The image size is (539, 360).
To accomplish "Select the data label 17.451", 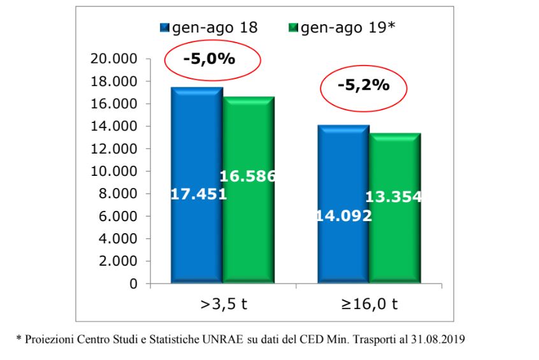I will (x=199, y=194).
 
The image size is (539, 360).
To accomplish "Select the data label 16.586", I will (x=248, y=176).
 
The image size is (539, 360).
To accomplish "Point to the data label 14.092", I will (x=344, y=216).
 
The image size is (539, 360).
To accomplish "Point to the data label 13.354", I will (x=393, y=197).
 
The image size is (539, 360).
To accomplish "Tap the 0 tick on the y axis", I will (x=134, y=284).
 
